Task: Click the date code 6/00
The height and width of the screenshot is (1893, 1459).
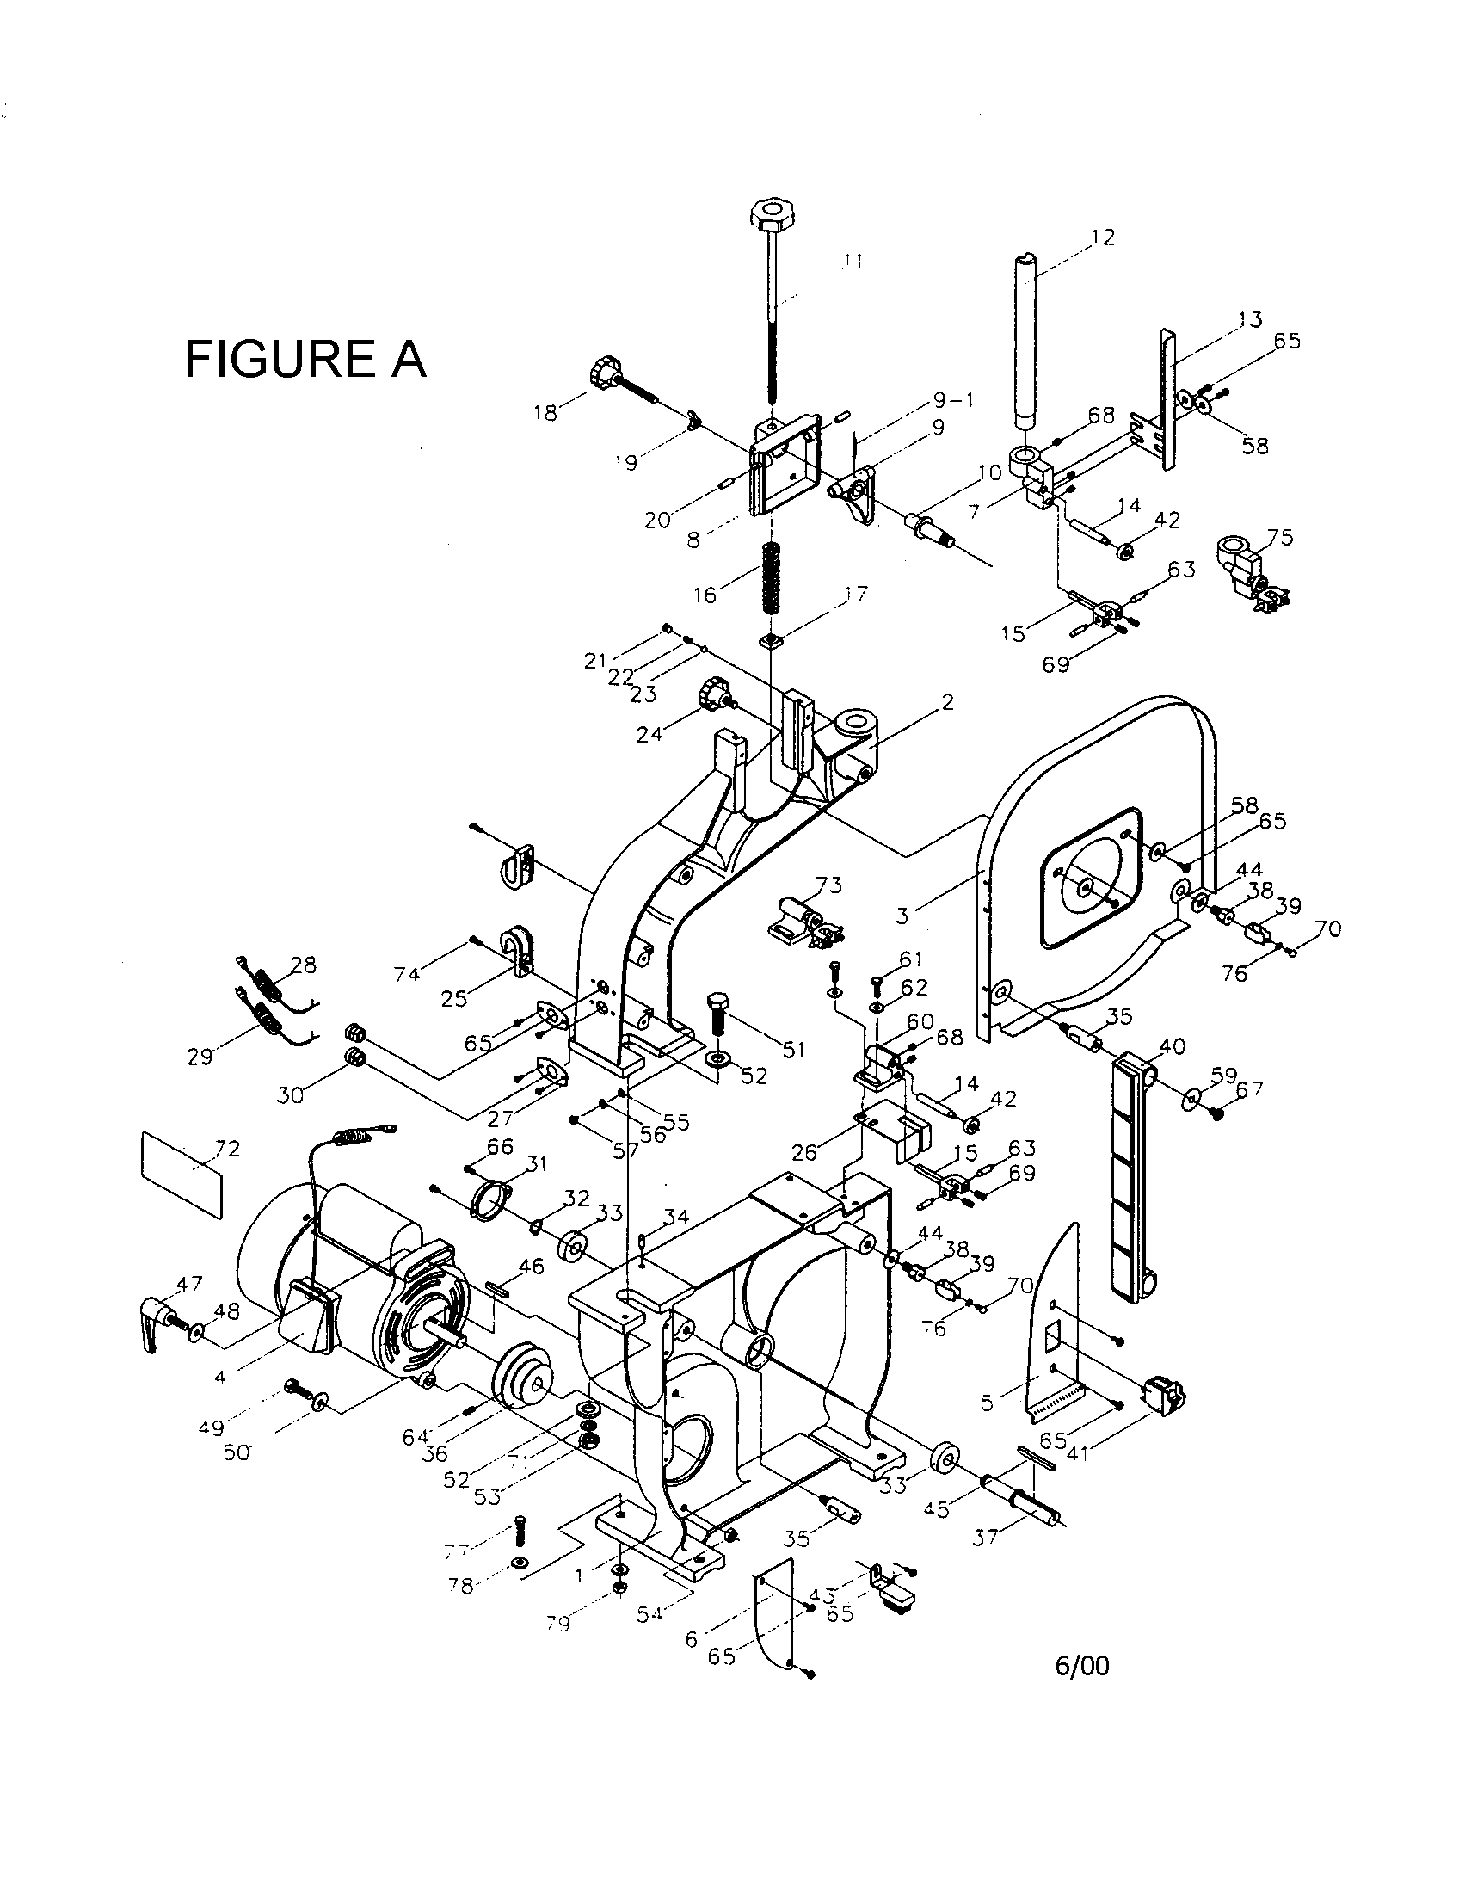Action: coord(1081,1666)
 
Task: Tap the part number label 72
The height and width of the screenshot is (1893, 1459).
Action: coord(204,1150)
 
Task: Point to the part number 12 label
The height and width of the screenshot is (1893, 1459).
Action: coord(1102,237)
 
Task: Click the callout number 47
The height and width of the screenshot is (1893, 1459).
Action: coord(189,1284)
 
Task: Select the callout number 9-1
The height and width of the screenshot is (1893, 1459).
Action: coord(953,400)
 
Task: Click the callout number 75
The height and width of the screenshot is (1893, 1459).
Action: coord(1280,538)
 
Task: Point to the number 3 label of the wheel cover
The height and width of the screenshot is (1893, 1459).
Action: coord(902,915)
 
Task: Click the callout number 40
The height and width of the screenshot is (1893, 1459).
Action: coord(1172,1046)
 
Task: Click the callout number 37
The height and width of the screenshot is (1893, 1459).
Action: coord(985,1537)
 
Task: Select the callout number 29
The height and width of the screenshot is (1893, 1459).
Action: coord(200,1057)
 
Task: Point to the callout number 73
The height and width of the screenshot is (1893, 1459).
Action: coord(829,885)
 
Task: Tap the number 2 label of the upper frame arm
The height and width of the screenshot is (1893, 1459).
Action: coord(947,702)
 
